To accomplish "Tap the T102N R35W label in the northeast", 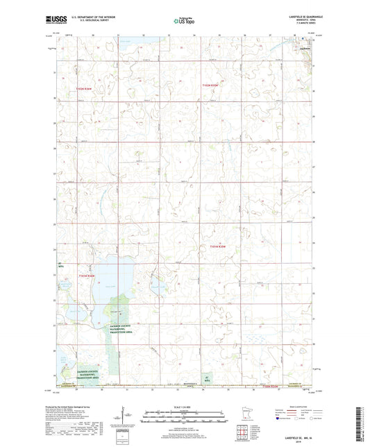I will coord(210,85).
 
